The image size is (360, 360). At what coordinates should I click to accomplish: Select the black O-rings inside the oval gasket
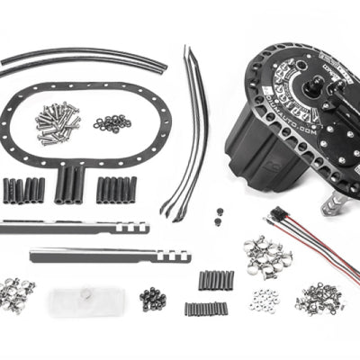point(112,121)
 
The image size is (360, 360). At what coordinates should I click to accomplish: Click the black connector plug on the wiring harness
point(272,217)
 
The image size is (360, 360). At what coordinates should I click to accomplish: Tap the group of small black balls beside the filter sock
point(152,297)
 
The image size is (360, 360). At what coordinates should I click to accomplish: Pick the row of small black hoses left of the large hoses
point(24,190)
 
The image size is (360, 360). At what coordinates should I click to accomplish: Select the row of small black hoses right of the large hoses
point(116,189)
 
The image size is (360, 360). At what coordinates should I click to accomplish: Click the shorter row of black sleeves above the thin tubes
point(216,280)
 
